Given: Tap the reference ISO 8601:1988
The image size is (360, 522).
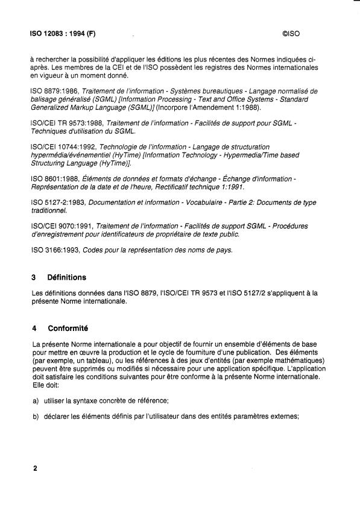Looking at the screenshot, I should pos(52,180).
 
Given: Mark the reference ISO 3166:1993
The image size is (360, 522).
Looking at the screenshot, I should pos(52,250).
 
